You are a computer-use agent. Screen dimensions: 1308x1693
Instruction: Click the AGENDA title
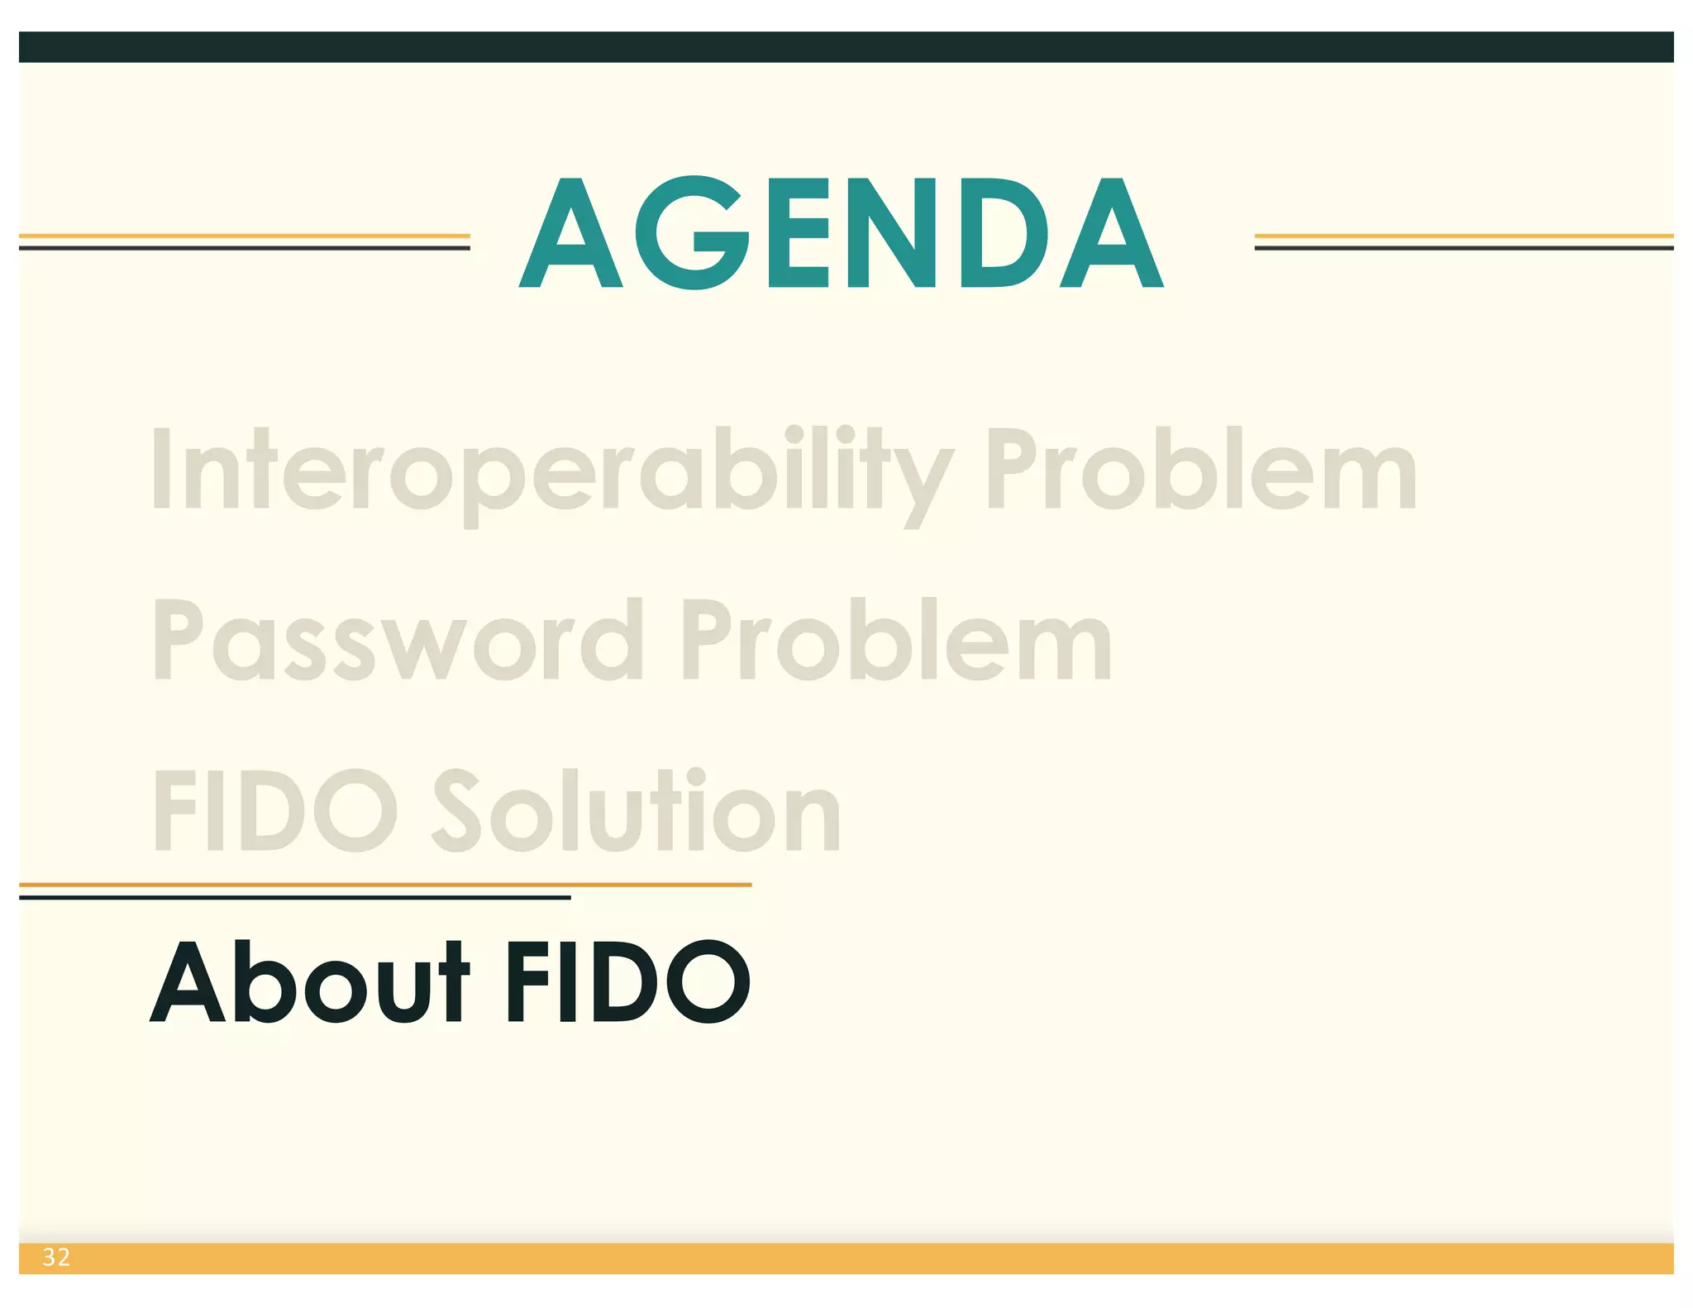[841, 233]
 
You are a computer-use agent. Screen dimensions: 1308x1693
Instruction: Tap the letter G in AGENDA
[693, 233]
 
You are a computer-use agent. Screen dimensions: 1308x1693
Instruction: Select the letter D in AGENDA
[1004, 233]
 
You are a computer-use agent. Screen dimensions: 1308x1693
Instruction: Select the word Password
[398, 641]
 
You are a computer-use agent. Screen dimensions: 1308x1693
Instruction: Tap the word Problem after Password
[896, 641]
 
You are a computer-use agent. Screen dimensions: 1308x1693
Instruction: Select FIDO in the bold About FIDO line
[628, 982]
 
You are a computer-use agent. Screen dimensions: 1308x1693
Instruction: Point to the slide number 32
[56, 1258]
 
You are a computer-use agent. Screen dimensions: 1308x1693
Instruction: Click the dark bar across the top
[846, 47]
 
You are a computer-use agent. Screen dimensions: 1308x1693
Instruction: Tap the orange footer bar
[846, 1258]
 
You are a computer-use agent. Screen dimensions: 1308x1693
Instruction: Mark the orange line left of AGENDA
[245, 236]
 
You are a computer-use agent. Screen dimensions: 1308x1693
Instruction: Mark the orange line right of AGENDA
[1463, 236]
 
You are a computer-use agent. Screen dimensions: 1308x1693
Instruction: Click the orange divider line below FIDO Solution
[385, 885]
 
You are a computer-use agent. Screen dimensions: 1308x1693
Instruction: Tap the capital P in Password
[177, 639]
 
